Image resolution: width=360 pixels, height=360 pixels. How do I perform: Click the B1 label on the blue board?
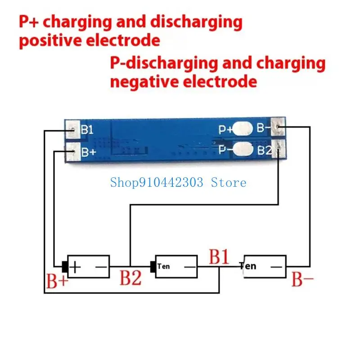[87, 130]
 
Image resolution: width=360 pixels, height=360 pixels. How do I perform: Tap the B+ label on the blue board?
[88, 152]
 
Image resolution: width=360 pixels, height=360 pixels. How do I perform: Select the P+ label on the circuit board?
[225, 130]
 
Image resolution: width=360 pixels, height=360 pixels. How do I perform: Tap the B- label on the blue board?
[264, 129]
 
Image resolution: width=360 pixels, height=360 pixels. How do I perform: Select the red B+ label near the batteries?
[58, 281]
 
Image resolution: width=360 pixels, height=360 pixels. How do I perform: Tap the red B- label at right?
[302, 279]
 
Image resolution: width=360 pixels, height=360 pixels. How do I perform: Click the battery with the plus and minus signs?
[88, 266]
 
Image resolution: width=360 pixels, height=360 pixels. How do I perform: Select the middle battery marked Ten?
[176, 266]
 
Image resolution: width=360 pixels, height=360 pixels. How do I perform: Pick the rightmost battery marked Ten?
[265, 266]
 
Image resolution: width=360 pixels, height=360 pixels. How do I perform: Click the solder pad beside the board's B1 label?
[72, 130]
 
